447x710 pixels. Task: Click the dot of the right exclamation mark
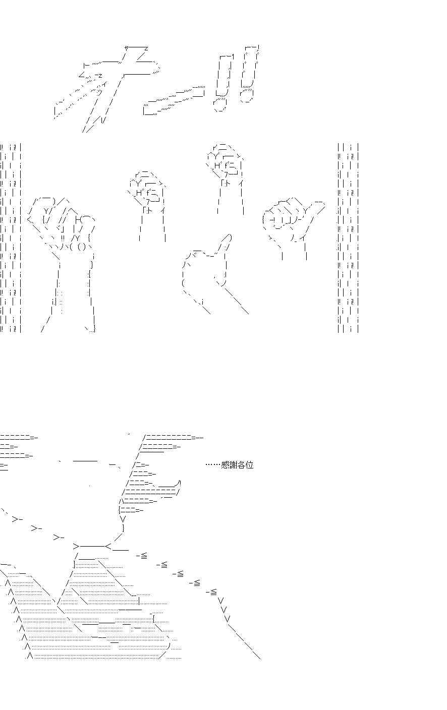coord(247,96)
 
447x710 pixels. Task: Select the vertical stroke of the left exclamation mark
coord(225,75)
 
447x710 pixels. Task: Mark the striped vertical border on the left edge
coord(11,238)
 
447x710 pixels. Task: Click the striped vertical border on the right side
coord(348,238)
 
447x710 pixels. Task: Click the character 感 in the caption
coord(225,465)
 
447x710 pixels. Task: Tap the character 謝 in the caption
coord(233,465)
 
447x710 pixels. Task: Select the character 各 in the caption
coord(241,465)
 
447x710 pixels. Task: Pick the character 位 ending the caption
coord(250,465)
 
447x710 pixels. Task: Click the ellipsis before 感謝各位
coord(213,465)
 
